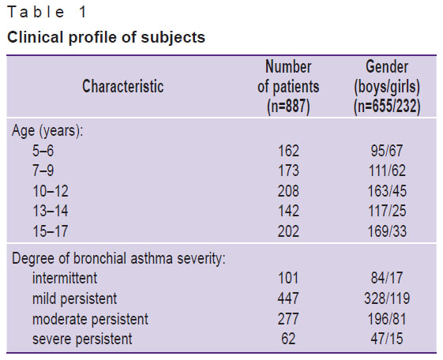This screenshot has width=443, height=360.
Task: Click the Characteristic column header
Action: [123, 86]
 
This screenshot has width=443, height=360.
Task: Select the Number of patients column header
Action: [288, 87]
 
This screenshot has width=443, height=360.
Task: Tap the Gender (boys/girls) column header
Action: [387, 87]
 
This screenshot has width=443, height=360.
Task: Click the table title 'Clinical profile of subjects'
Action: [106, 38]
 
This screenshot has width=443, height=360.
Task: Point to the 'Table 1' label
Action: [47, 13]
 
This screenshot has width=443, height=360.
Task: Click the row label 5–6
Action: [43, 151]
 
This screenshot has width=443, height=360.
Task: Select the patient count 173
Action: [288, 171]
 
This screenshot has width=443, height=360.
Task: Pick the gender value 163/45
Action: [387, 191]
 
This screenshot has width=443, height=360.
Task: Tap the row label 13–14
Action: [51, 211]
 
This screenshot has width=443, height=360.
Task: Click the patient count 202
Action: [288, 231]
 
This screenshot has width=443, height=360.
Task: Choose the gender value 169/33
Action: [387, 231]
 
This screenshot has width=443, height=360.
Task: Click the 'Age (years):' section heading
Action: [47, 131]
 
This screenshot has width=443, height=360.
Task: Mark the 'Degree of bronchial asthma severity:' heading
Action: [118, 258]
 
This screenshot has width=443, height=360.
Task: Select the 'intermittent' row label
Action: [65, 278]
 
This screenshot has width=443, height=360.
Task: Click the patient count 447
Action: [288, 298]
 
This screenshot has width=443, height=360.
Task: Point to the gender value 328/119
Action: [387, 298]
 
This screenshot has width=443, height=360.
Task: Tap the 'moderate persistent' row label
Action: [90, 319]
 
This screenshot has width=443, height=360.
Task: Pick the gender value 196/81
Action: [387, 319]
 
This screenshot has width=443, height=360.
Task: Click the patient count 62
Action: [288, 339]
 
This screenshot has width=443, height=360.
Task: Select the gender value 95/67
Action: [387, 151]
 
